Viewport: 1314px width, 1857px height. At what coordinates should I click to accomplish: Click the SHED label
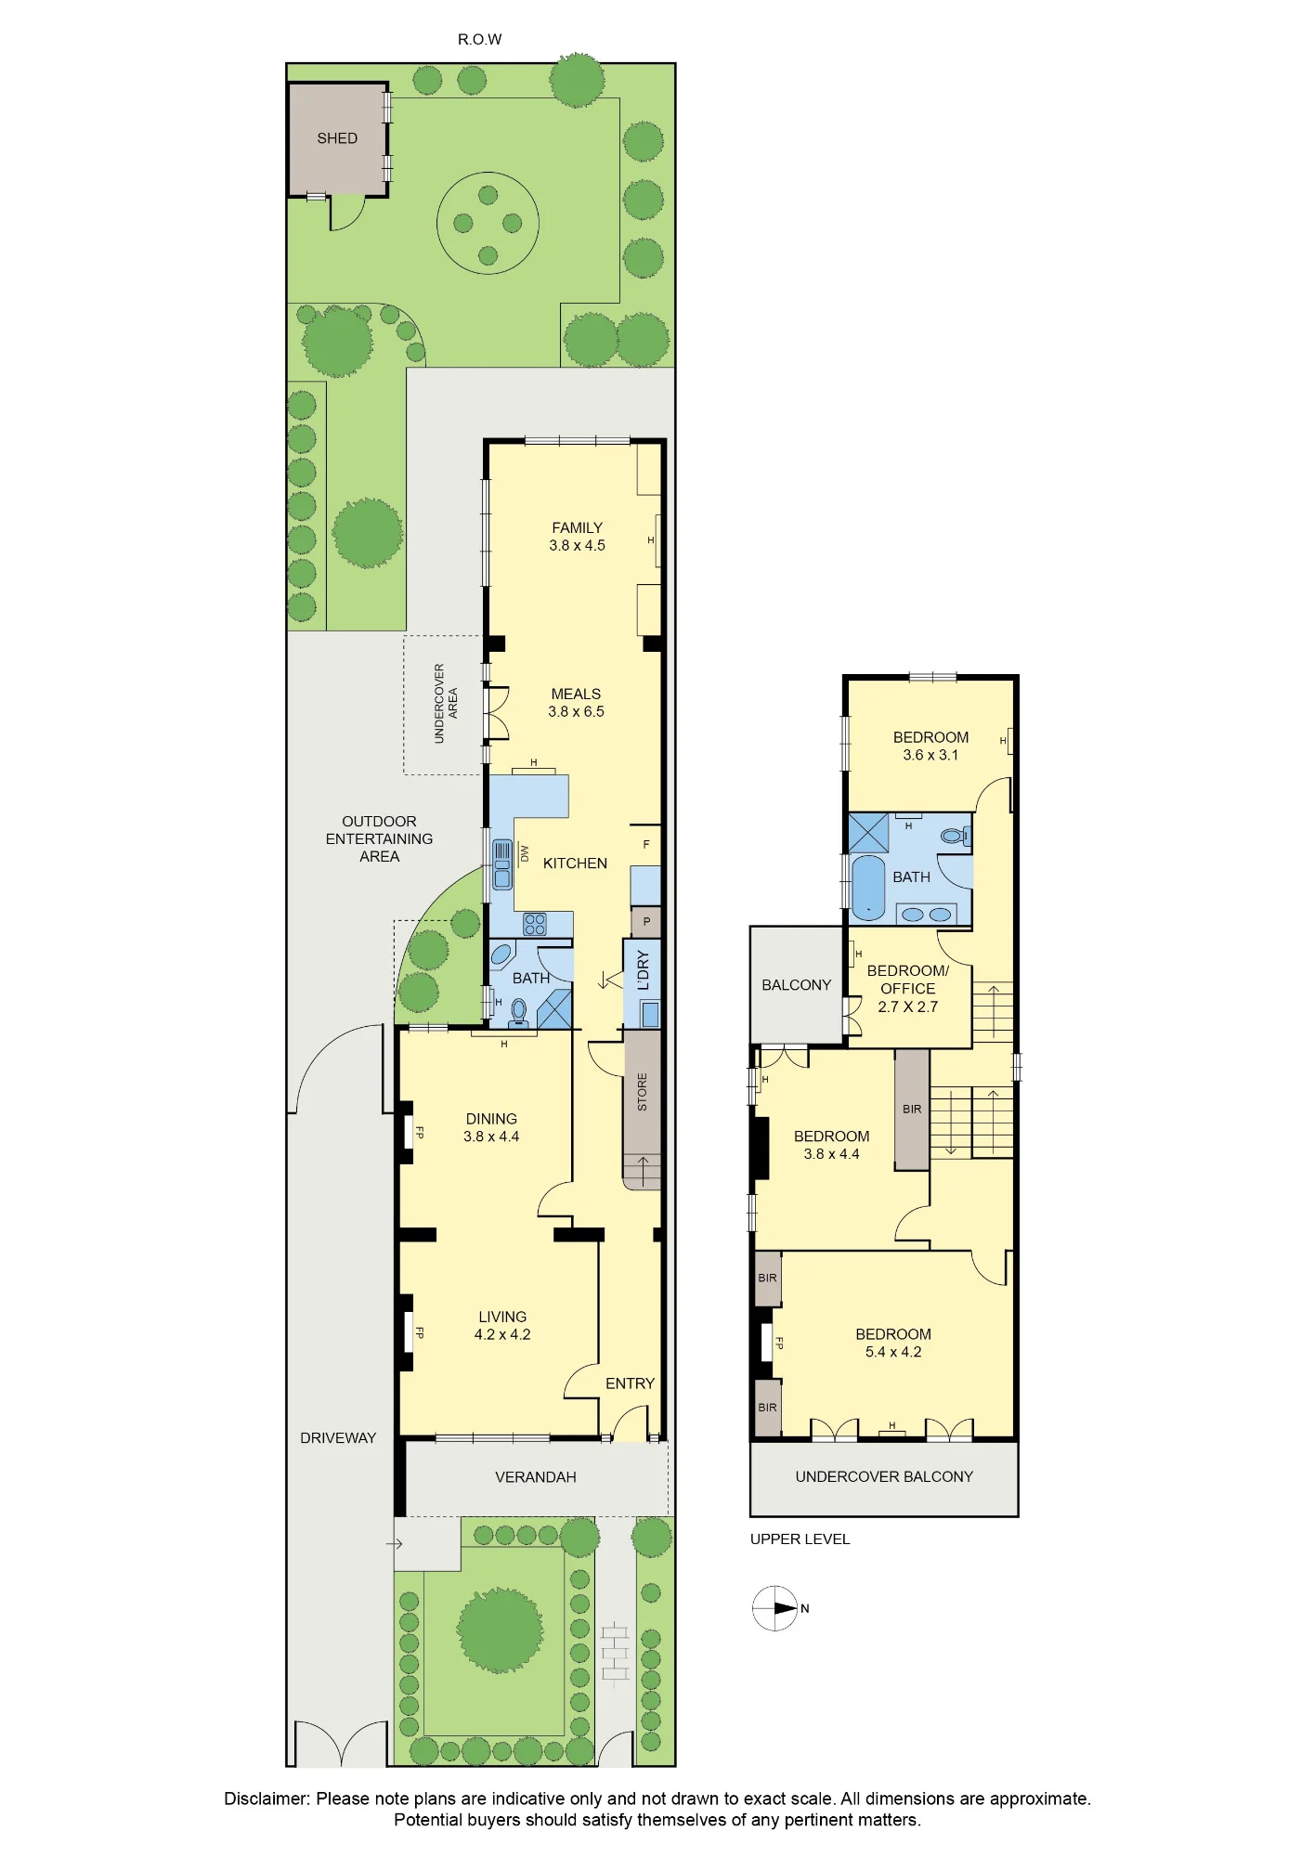pos(337,138)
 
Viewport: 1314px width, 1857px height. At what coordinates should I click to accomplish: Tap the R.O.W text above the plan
pos(479,39)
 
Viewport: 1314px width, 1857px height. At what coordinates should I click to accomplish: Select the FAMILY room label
pos(577,527)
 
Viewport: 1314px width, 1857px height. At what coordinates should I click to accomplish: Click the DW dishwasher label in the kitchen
pos(525,852)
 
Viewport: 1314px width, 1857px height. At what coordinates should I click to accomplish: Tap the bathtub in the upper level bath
pos(868,888)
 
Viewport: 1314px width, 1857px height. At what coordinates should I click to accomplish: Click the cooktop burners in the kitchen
pos(535,924)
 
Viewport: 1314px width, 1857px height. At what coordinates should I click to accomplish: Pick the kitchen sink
pos(502,864)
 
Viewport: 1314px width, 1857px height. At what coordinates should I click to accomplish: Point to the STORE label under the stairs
pos(642,1092)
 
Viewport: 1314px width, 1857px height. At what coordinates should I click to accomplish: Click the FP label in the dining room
pos(420,1133)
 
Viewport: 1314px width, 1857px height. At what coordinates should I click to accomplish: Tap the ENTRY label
pos(630,1383)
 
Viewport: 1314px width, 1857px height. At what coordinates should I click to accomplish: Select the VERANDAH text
pos(536,1477)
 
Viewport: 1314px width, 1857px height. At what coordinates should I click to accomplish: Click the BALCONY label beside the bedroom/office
pos(796,985)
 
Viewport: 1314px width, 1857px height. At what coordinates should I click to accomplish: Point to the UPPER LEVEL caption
pos(800,1539)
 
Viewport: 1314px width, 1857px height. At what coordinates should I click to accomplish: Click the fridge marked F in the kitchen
pos(646,845)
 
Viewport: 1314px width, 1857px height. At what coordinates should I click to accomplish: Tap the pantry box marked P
pos(646,922)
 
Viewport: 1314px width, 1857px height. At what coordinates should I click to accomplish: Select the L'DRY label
pos(643,970)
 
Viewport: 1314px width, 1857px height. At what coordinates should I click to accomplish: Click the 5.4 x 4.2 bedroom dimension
pos(893,1352)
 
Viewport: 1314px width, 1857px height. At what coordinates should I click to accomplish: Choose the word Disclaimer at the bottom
pos(267,1799)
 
